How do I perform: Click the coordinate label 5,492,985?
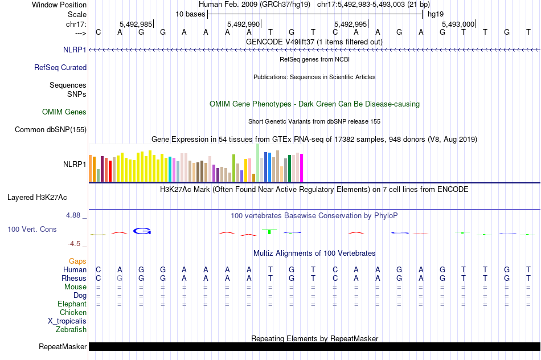pyautogui.click(x=136, y=24)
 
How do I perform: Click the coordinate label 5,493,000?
pyautogui.click(x=458, y=24)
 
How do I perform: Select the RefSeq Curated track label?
pyautogui.click(x=60, y=67)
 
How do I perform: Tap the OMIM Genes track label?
pyautogui.click(x=64, y=112)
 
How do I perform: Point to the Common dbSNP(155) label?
pyautogui.click(x=50, y=130)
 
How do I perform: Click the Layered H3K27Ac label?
pyautogui.click(x=37, y=198)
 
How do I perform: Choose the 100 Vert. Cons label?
pyautogui.click(x=32, y=229)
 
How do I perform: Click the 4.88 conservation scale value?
pyautogui.click(x=74, y=215)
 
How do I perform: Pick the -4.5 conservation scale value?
pyautogui.click(x=74, y=244)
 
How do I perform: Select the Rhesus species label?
pyautogui.click(x=74, y=278)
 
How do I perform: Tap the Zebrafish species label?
pyautogui.click(x=71, y=329)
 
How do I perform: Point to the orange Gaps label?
pyautogui.click(x=77, y=261)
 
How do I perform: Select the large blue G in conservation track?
pyautogui.click(x=142, y=231)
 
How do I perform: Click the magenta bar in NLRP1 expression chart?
pyautogui.click(x=301, y=167)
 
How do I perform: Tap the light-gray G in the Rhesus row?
pyautogui.click(x=120, y=278)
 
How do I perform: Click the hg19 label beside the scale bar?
pyautogui.click(x=436, y=14)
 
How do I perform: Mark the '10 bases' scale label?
pyautogui.click(x=190, y=14)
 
